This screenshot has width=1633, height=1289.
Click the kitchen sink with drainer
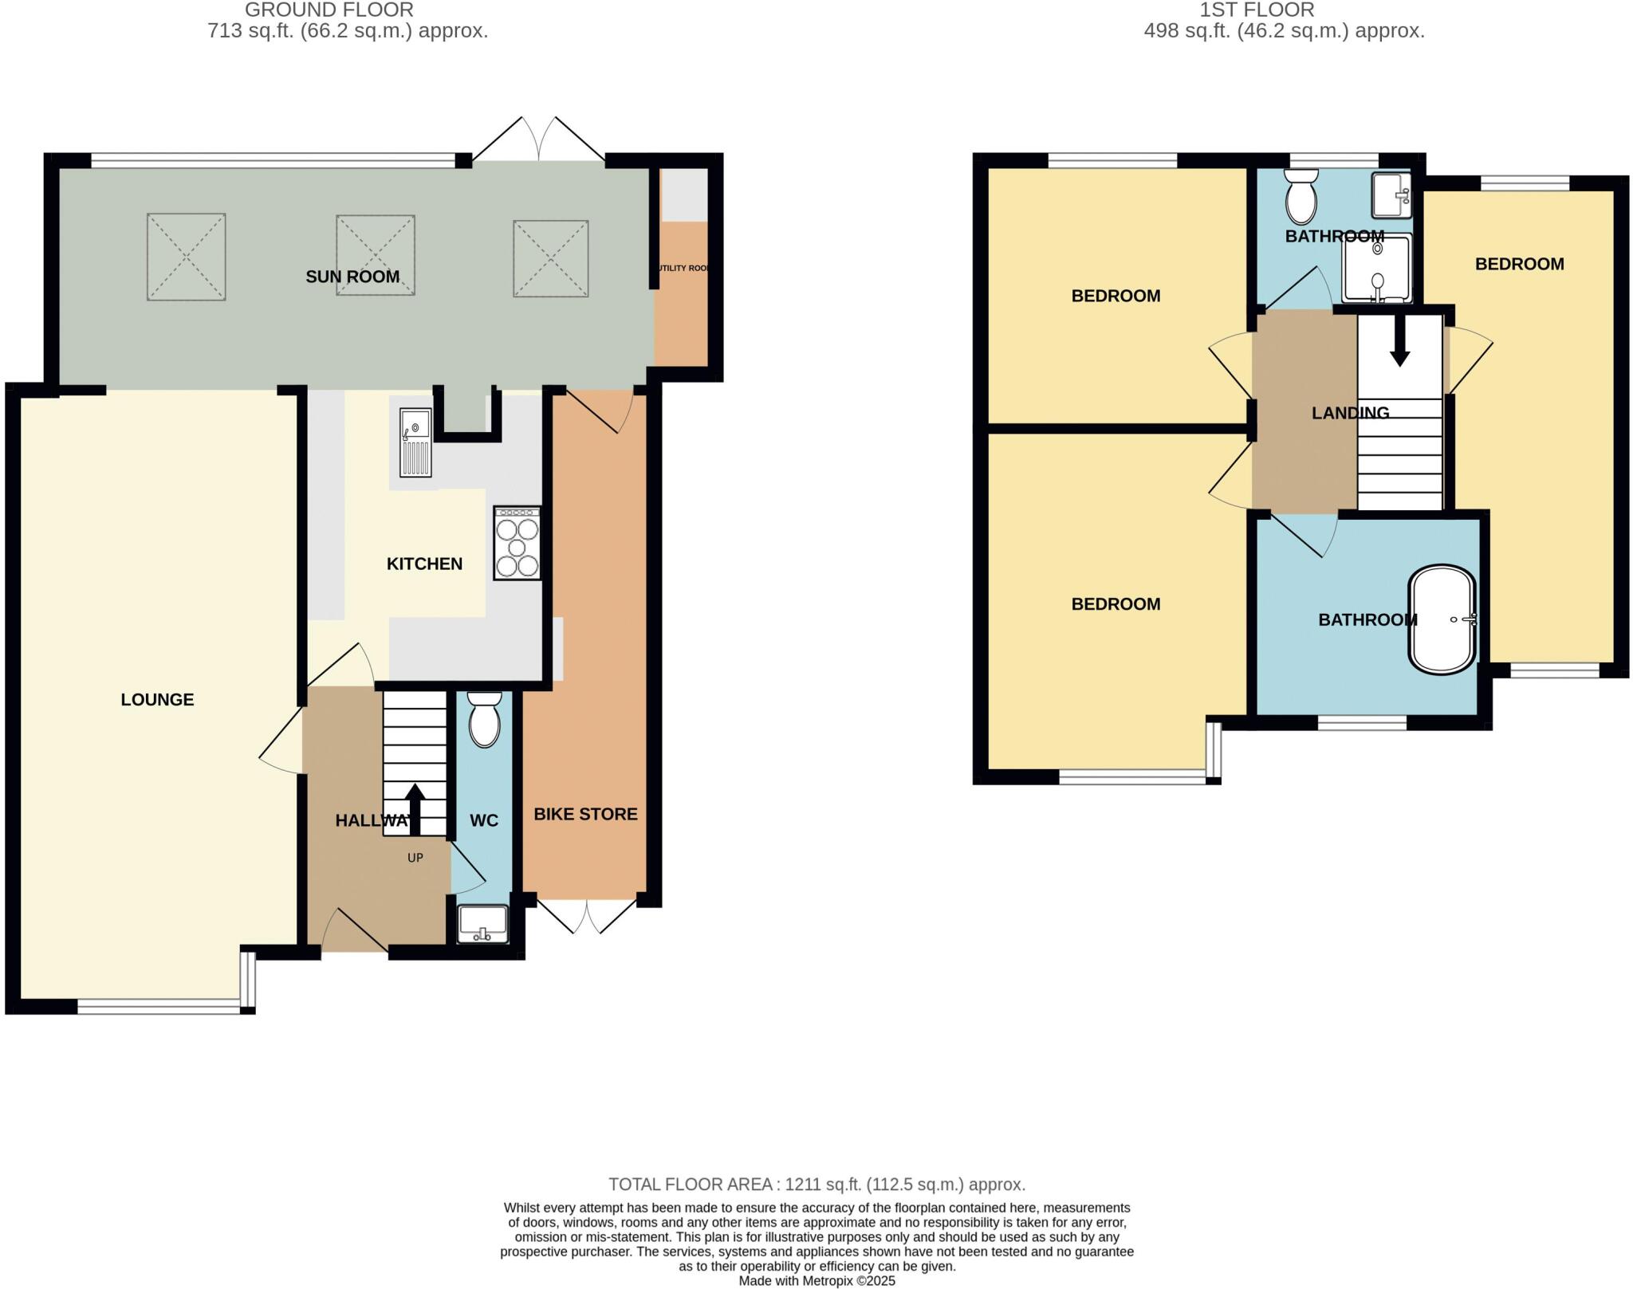pyautogui.click(x=415, y=442)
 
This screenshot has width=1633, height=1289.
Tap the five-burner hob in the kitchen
pyautogui.click(x=517, y=544)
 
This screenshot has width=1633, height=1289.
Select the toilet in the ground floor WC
pyautogui.click(x=484, y=719)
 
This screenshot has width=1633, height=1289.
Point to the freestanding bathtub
pyautogui.click(x=1442, y=620)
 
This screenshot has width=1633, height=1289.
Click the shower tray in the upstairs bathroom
pyautogui.click(x=1377, y=269)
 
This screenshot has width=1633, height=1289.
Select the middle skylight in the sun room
pyautogui.click(x=376, y=255)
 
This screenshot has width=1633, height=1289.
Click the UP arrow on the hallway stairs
pyautogui.click(x=415, y=810)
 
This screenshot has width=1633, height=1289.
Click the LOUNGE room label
pyautogui.click(x=157, y=700)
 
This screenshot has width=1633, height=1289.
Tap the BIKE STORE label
pyautogui.click(x=585, y=814)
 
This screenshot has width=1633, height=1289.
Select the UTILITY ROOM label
pyautogui.click(x=682, y=269)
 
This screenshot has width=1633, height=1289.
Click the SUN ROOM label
pyautogui.click(x=352, y=277)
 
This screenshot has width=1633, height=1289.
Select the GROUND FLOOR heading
pyautogui.click(x=329, y=10)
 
